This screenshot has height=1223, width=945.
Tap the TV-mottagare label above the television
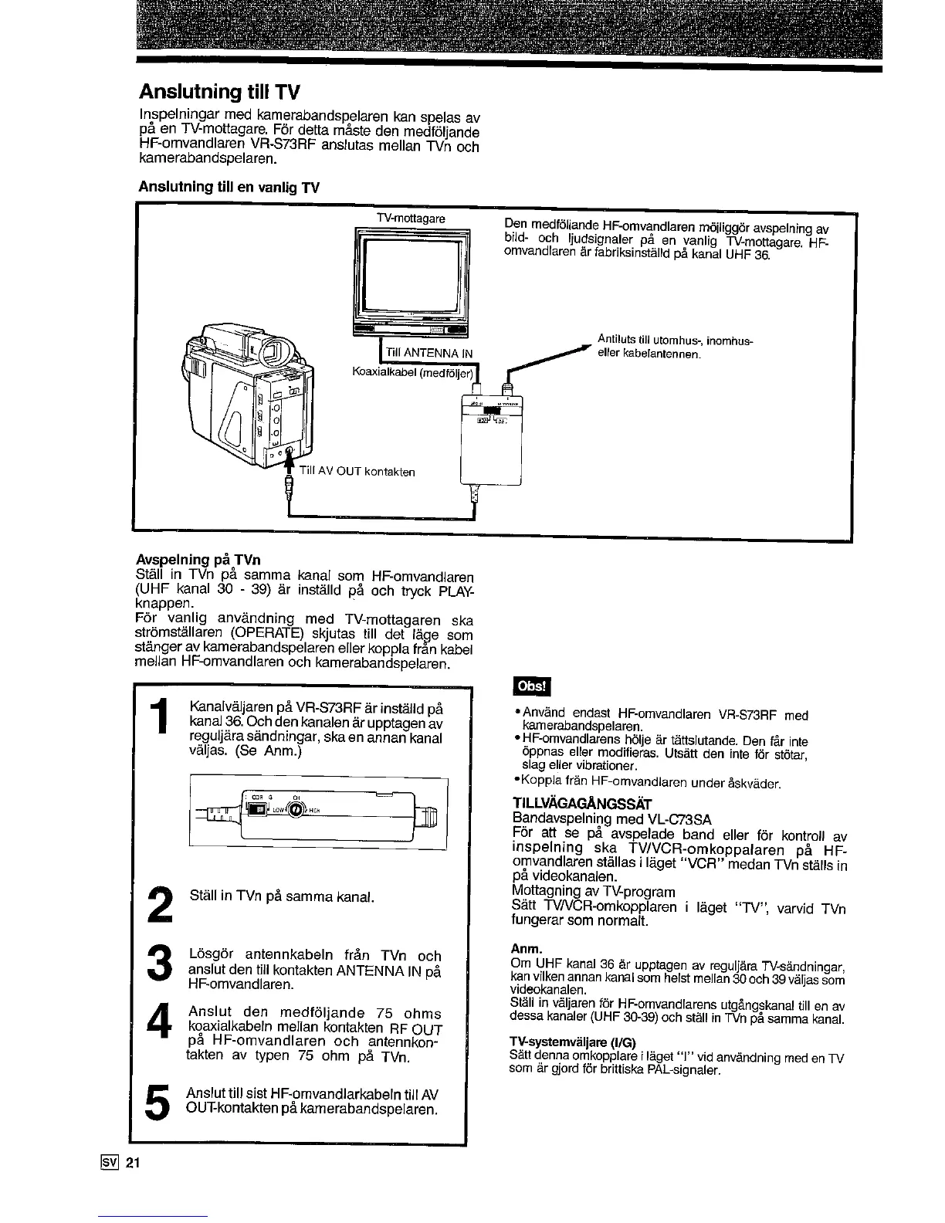[410, 219]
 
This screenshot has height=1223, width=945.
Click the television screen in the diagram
[410, 273]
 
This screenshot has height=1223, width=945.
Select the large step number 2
[160, 903]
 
